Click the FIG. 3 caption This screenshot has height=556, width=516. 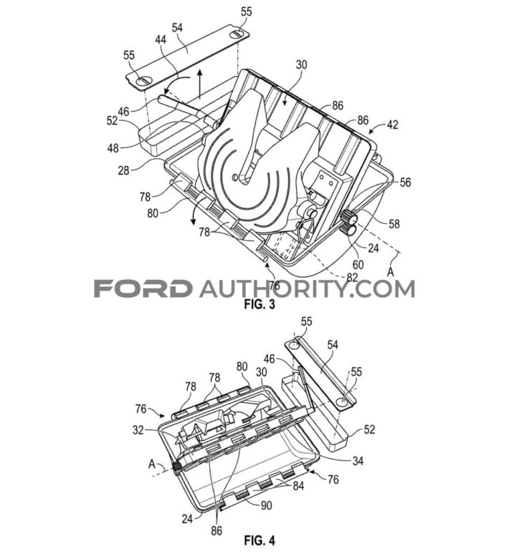259,304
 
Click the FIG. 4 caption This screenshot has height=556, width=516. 259,540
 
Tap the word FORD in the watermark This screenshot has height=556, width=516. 142,288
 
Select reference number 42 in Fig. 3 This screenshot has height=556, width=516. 393,125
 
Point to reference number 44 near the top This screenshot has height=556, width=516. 161,40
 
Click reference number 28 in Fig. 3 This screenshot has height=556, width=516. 123,170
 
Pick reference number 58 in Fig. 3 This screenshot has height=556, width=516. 394,224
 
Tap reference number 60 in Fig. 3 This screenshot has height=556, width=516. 358,265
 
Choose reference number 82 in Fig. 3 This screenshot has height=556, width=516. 352,278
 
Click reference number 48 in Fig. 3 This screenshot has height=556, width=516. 113,148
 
